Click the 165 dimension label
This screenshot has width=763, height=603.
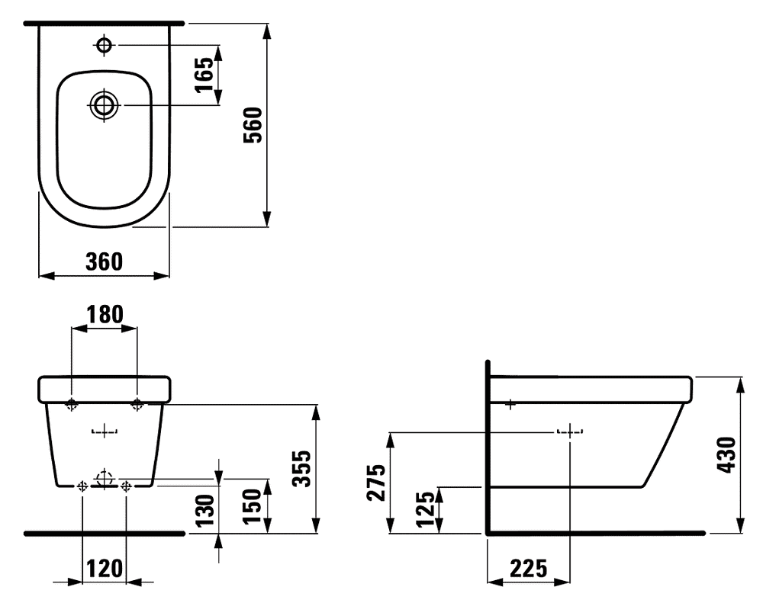(204, 74)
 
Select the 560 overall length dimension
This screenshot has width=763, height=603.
(253, 126)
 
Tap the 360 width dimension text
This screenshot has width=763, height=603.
(104, 261)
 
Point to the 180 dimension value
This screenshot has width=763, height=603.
(104, 314)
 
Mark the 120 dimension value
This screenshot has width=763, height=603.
(104, 568)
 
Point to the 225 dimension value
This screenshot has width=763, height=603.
(529, 568)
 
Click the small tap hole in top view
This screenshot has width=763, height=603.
(104, 45)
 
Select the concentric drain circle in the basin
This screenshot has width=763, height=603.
(104, 105)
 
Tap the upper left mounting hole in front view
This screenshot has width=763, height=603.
(71, 404)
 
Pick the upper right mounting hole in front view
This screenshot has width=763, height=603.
(137, 403)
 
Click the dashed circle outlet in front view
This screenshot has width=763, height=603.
(104, 480)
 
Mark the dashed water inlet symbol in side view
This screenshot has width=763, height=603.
(570, 432)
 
